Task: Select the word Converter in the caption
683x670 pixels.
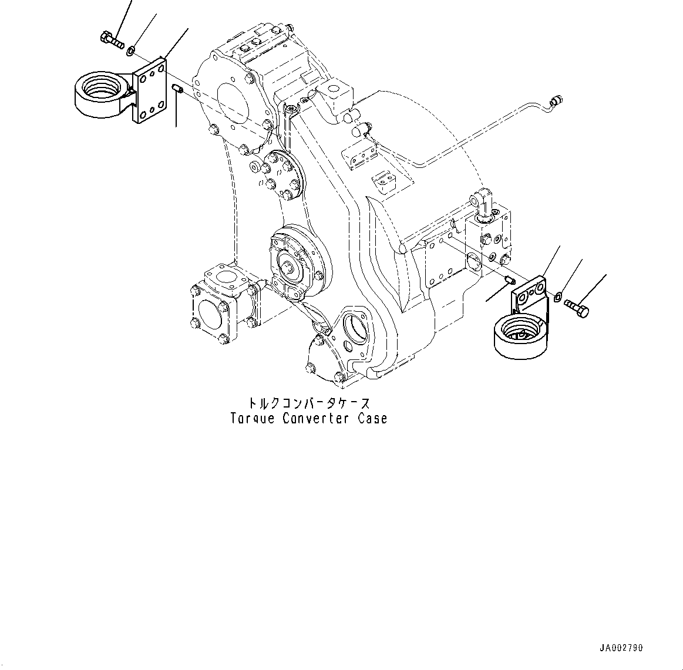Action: click(315, 419)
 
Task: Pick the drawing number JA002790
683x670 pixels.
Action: click(621, 648)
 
